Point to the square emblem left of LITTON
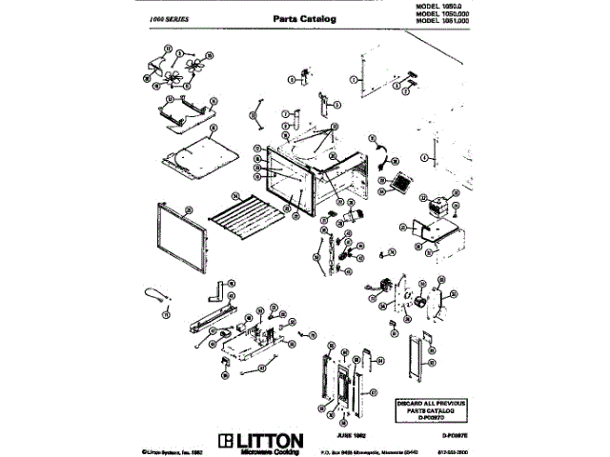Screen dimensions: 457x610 click(226, 441)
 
